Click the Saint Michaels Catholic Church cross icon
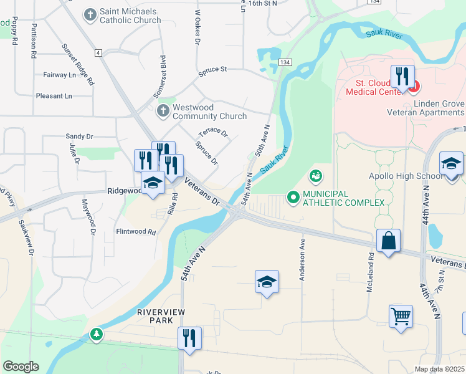(90, 14)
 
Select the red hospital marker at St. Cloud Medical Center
(412, 85)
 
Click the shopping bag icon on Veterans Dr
(388, 241)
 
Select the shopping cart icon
(401, 315)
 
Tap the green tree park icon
(96, 335)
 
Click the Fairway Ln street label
(59, 75)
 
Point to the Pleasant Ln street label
(54, 96)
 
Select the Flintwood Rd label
(135, 231)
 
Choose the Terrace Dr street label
(213, 133)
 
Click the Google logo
(21, 367)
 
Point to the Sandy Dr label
(79, 136)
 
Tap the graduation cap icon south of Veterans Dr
(266, 282)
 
